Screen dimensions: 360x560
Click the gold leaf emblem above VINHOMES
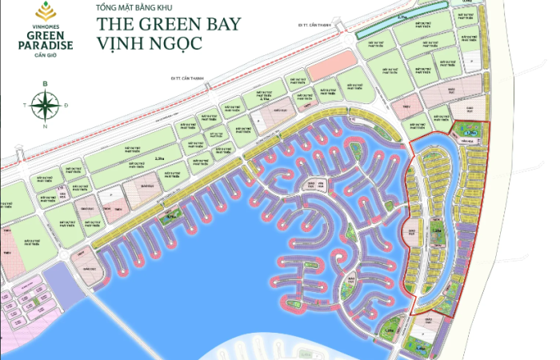point(47,12)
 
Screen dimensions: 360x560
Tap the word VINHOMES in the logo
point(47,24)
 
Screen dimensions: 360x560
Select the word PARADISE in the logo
point(47,46)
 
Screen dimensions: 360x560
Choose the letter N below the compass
point(46,126)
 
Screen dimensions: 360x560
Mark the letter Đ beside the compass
point(67,104)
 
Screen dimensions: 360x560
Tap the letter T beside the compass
point(26,104)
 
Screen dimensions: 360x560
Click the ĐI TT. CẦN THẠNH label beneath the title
point(189,78)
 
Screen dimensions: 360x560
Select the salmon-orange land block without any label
point(326,70)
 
